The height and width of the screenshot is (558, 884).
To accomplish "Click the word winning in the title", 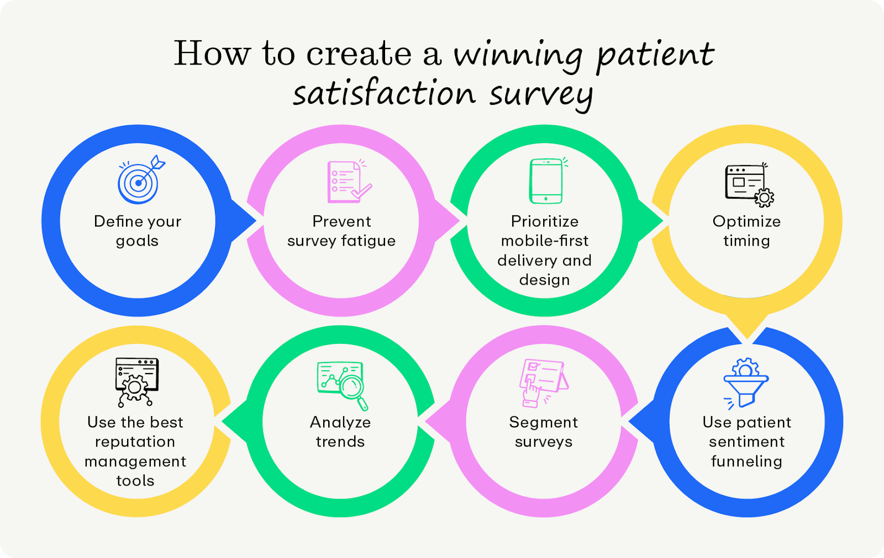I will [518, 55].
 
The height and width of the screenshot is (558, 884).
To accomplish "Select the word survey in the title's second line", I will [541, 94].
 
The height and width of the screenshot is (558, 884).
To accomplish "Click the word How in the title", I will [212, 54].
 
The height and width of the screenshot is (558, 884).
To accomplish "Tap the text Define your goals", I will [138, 231].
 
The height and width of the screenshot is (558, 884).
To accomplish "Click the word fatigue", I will [368, 241].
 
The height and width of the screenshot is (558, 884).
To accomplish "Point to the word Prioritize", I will [544, 221].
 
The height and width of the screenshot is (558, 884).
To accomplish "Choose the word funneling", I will [746, 461].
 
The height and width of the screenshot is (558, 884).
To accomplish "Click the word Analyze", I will [340, 423].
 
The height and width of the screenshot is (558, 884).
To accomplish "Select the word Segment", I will [543, 422].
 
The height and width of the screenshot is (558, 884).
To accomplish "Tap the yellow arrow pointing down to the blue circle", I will [747, 326].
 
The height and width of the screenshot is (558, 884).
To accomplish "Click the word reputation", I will [135, 442].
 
